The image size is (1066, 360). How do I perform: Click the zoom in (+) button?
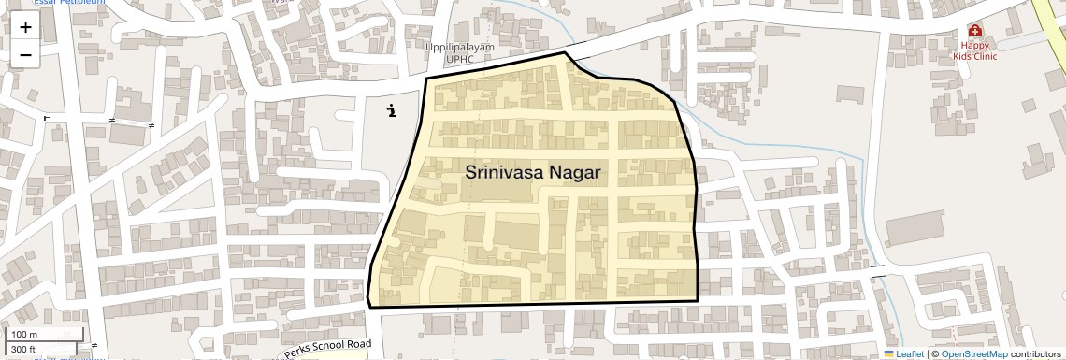[x=25, y=27]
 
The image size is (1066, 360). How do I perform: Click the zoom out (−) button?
[x=25, y=54]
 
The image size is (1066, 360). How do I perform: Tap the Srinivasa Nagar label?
[x=533, y=173]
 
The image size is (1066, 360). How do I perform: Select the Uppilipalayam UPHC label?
[x=460, y=53]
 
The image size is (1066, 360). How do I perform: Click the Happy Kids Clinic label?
[x=975, y=50]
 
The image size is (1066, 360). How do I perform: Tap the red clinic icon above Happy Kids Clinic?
[x=975, y=30]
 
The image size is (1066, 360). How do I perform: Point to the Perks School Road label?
[x=327, y=349]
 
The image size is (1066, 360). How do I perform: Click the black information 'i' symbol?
[x=392, y=111]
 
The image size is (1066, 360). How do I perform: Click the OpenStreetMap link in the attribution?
[x=973, y=354]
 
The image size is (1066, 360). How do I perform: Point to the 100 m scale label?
[x=24, y=335]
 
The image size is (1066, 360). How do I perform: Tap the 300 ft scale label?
[x=24, y=349]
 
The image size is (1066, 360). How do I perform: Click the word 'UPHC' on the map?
[x=460, y=59]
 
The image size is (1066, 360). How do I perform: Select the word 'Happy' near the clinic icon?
[x=975, y=45]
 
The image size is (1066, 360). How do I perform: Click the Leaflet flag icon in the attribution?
[x=889, y=354]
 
